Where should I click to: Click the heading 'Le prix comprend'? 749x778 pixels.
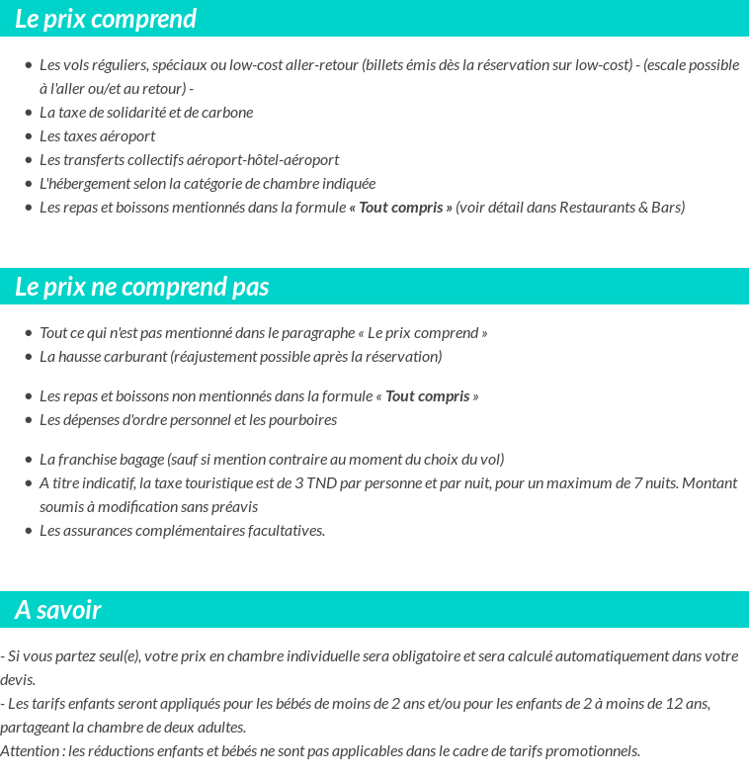tap(106, 19)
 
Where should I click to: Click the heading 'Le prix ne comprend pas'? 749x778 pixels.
tap(142, 287)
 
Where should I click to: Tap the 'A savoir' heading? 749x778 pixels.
tap(58, 610)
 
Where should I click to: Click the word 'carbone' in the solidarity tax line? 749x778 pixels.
tap(228, 113)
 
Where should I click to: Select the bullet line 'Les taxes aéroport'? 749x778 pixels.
tap(97, 136)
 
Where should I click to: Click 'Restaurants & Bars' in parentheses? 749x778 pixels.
tap(620, 208)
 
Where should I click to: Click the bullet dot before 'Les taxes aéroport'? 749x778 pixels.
tap(29, 136)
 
